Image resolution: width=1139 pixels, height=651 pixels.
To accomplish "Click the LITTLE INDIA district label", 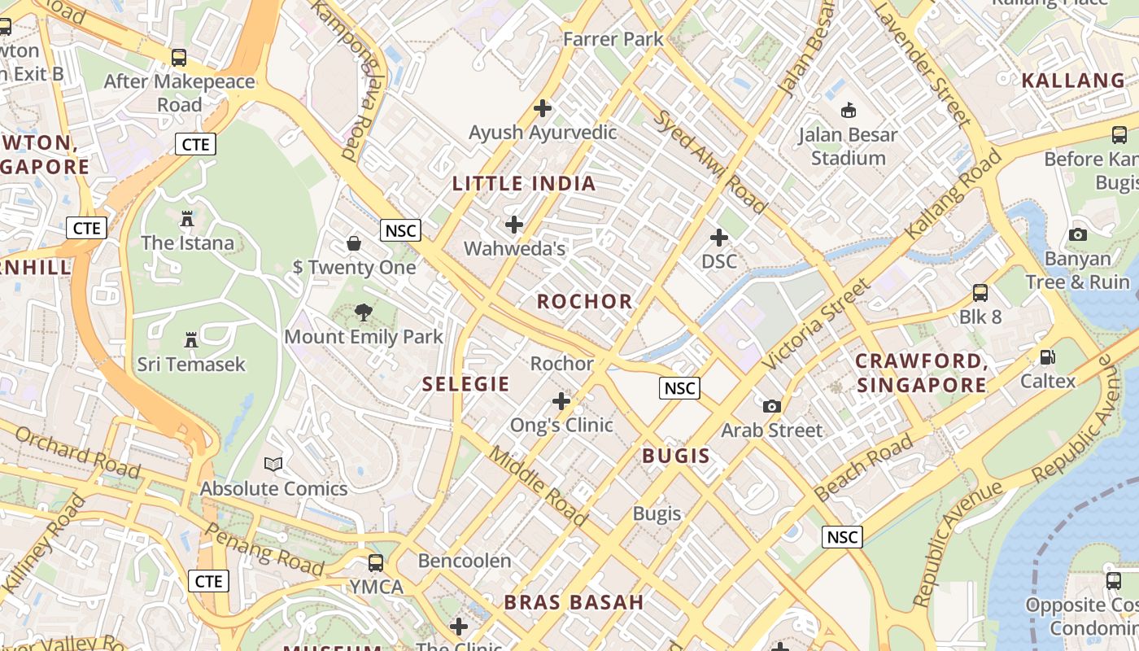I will pos(524,183).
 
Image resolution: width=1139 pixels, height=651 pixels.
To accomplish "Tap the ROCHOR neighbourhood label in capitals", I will pos(584,301).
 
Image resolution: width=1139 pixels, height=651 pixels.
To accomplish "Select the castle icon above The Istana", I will pos(187,219).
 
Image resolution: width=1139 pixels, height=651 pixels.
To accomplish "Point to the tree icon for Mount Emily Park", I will pos(364,312).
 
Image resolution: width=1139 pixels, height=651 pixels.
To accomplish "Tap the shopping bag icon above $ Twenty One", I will pos(354,242).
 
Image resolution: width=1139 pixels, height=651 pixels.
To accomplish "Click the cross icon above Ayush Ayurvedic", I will pos(543,107).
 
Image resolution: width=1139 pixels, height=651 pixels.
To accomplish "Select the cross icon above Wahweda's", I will pos(514,224).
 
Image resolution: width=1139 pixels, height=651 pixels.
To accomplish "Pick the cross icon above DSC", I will pos(719,238).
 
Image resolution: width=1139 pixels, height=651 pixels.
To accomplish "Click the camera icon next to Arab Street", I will pos(771,406).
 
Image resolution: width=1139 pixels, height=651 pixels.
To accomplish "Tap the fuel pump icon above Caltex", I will pos(1048,356).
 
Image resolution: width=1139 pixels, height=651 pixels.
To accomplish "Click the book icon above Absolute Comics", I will pos(274,465).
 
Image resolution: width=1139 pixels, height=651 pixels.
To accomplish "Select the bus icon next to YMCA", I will pos(376,562).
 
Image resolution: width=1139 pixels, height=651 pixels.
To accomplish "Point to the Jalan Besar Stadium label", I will pos(848,146).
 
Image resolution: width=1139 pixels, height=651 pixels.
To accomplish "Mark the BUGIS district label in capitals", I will pos(676,456).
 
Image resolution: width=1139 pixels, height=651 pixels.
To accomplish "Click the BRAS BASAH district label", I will pos(574,602).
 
